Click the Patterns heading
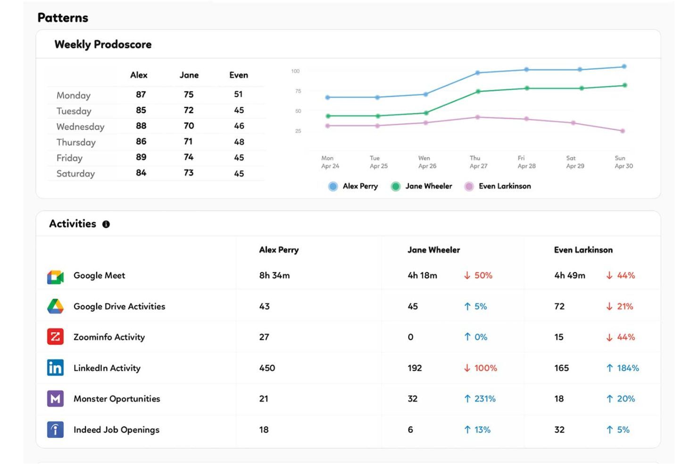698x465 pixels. click(x=63, y=18)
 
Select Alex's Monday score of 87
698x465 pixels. click(x=141, y=95)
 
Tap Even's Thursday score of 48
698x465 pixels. click(x=239, y=142)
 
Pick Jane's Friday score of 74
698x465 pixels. click(x=189, y=157)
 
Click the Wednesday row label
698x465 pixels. click(x=80, y=127)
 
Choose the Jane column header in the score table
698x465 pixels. click(x=189, y=75)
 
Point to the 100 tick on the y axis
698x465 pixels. click(x=295, y=71)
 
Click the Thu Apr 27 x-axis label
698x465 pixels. click(x=478, y=162)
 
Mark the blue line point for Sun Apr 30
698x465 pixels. click(x=624, y=67)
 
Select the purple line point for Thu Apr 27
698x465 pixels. click(x=477, y=117)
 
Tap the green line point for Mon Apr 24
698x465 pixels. click(x=328, y=116)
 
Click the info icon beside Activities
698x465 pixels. click(x=106, y=224)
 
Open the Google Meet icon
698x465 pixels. click(x=55, y=277)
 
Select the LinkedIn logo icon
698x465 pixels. click(x=55, y=368)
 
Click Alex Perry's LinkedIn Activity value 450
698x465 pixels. click(x=267, y=368)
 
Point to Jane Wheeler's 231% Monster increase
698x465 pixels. click(x=480, y=399)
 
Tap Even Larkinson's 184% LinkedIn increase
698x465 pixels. click(x=623, y=368)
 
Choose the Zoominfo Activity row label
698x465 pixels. click(x=109, y=337)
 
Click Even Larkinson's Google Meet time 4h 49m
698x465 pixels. click(x=569, y=276)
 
